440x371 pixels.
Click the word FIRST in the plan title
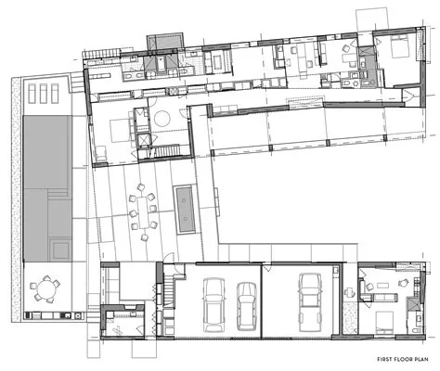(x=383, y=359)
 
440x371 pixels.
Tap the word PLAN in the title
(x=422, y=359)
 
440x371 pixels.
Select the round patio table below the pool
(x=45, y=289)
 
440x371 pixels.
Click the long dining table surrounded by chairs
(x=143, y=212)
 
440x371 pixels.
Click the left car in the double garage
(x=214, y=304)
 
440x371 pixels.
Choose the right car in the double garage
(x=247, y=306)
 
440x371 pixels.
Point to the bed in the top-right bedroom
(x=399, y=47)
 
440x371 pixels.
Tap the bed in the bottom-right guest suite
(x=384, y=323)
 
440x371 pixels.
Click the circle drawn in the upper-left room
(x=162, y=119)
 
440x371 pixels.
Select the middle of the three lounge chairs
(x=43, y=94)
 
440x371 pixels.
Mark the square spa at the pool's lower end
(x=59, y=249)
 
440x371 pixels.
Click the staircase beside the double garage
(x=168, y=290)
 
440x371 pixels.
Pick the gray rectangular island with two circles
(x=186, y=210)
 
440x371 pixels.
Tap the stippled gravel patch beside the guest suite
(x=350, y=318)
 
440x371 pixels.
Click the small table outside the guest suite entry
(x=349, y=291)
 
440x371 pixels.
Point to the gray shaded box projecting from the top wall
(x=165, y=41)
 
